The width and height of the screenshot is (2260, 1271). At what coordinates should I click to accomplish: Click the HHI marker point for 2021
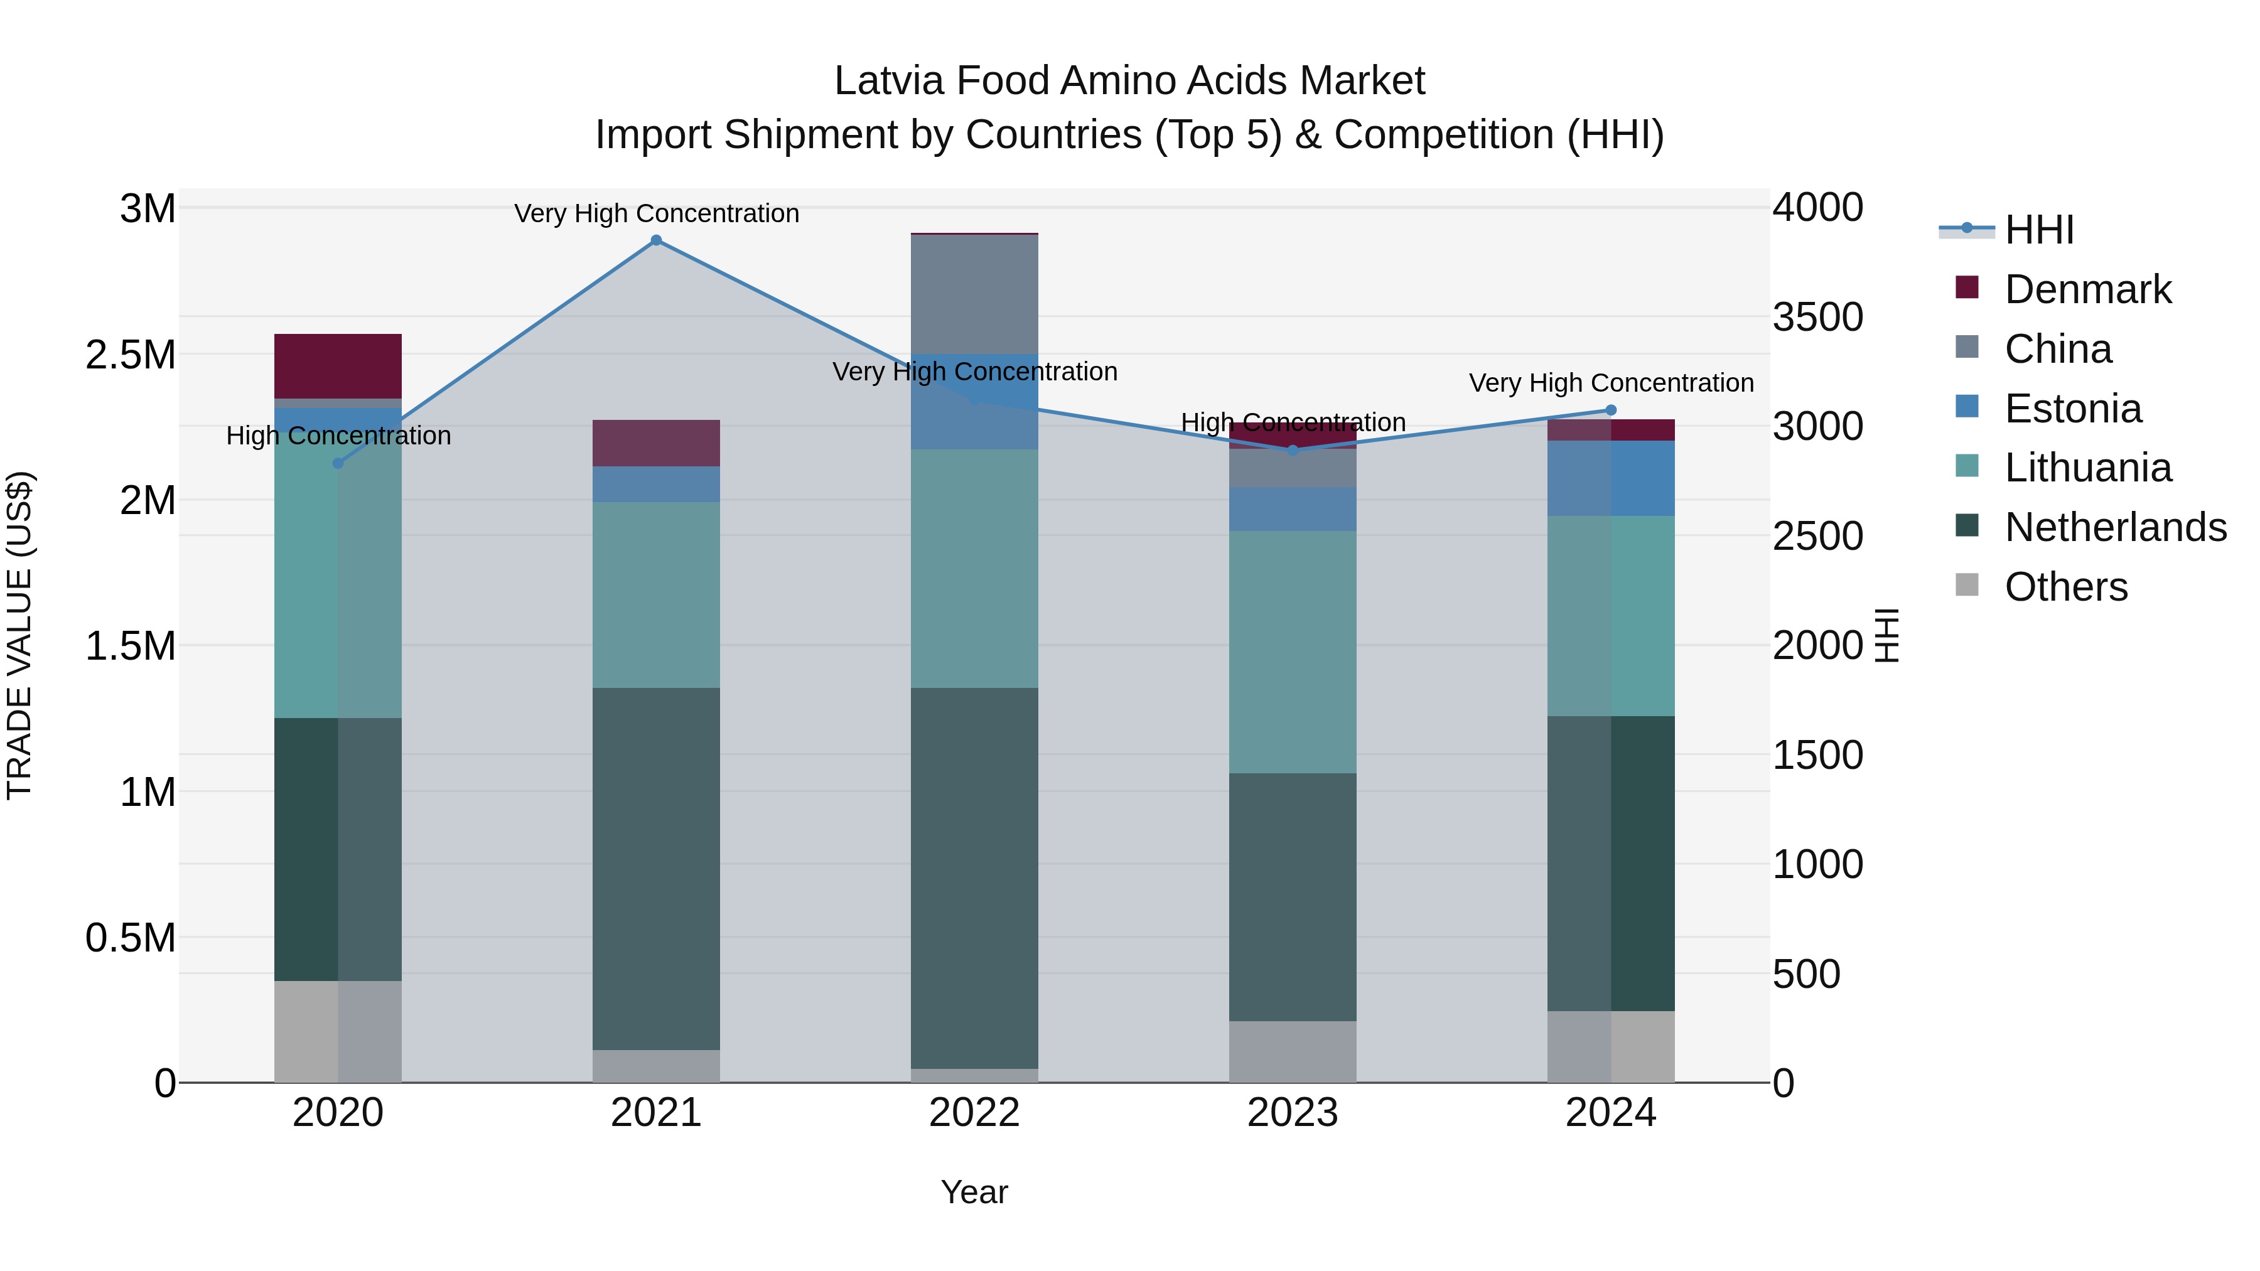(655, 240)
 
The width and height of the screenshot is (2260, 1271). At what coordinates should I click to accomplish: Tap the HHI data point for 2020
(338, 463)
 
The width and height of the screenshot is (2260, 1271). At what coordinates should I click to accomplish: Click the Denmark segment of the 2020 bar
(338, 366)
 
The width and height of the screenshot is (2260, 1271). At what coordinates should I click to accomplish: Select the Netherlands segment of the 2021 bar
(655, 869)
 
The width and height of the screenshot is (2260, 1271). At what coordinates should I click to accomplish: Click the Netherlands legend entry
(2114, 527)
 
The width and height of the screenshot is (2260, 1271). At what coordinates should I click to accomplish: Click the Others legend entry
(2065, 587)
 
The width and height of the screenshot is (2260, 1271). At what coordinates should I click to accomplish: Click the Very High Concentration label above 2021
(656, 213)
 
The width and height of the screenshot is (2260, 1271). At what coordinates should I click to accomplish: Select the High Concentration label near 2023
(1293, 423)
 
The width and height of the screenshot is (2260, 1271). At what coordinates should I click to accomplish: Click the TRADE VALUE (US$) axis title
(20, 635)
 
